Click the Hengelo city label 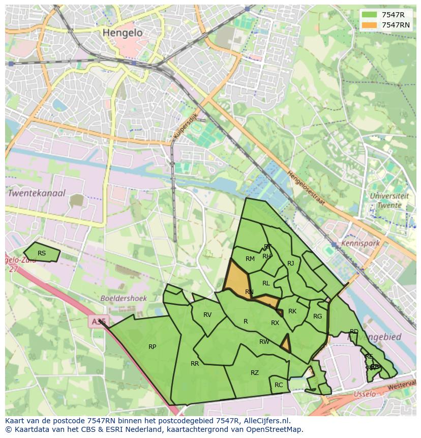pyautogui.click(x=123, y=33)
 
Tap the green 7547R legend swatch pyautogui.click(x=370, y=15)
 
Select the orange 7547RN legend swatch pyautogui.click(x=370, y=25)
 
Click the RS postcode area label pyautogui.click(x=42, y=253)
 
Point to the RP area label pyautogui.click(x=152, y=347)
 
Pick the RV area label pyautogui.click(x=207, y=315)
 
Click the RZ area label pyautogui.click(x=255, y=373)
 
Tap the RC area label pyautogui.click(x=279, y=385)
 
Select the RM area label pyautogui.click(x=250, y=259)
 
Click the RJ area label pyautogui.click(x=291, y=264)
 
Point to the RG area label pyautogui.click(x=318, y=316)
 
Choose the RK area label pyautogui.click(x=292, y=311)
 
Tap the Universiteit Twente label pyautogui.click(x=389, y=200)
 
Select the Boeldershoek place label pyautogui.click(x=124, y=299)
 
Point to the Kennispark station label pyautogui.click(x=360, y=244)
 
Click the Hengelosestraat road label pyautogui.click(x=306, y=188)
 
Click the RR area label pyautogui.click(x=195, y=364)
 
